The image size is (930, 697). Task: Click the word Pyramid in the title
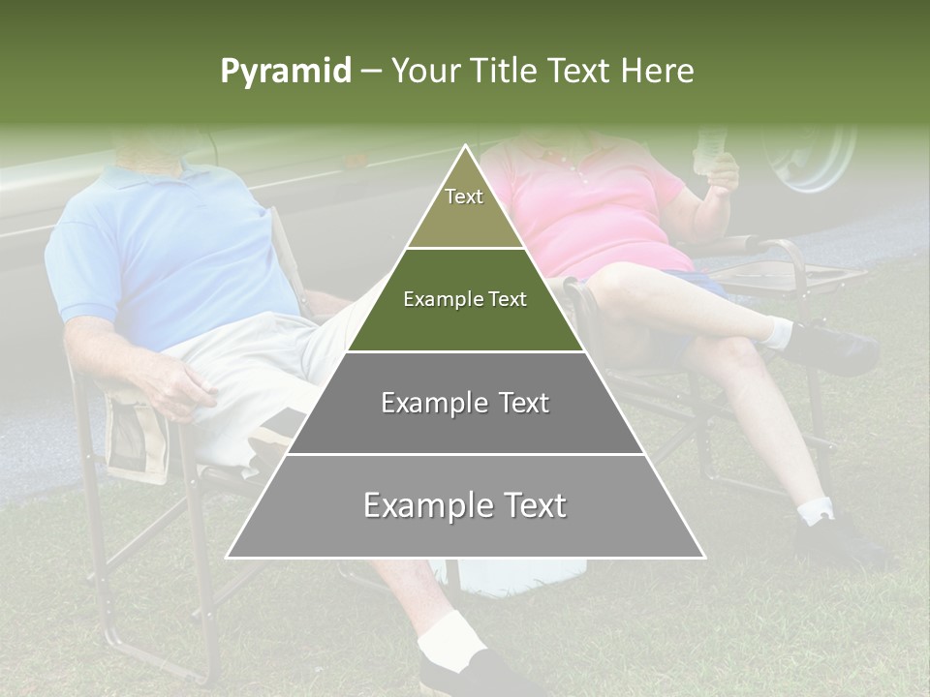286,72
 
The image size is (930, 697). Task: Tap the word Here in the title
658,72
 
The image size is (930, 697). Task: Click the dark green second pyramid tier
465,300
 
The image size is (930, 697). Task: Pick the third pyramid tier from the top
465,403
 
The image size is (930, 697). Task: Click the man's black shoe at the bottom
475,673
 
